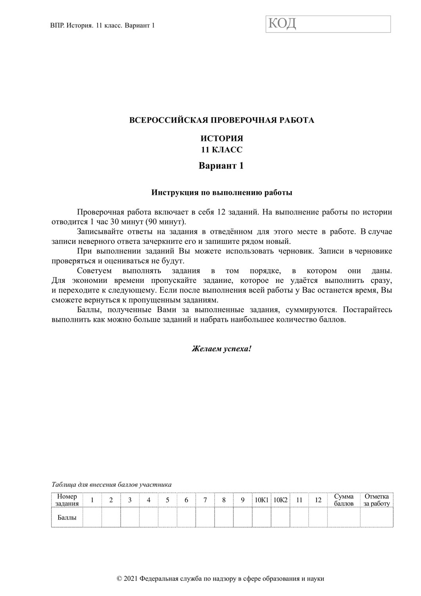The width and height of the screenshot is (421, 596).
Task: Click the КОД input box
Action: coord(328,24)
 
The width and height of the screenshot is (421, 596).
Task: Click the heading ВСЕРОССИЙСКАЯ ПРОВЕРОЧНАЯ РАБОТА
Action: coord(222,120)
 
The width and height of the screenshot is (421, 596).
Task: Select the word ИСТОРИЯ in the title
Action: coord(222,139)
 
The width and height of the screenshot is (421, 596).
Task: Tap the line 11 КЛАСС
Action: coord(222,150)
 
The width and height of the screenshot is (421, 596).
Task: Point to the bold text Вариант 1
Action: coord(221,166)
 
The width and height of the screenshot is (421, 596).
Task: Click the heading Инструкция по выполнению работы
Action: coord(222,193)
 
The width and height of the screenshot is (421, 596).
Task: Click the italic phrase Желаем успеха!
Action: coord(222,349)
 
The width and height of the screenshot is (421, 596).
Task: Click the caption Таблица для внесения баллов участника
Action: coord(111,485)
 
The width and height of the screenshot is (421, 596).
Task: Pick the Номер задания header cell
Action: coord(67,500)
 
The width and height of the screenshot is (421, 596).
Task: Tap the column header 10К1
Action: coord(261,500)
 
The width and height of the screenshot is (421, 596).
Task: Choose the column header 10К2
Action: coord(280,500)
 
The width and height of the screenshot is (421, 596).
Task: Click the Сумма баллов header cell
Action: coord(344,500)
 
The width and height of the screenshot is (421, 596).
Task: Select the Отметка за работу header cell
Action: coord(377,500)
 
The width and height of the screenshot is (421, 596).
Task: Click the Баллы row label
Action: coord(67,517)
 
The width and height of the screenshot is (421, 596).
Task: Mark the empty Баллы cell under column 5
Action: coord(167,517)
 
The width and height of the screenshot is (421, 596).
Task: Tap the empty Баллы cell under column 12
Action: coord(318,517)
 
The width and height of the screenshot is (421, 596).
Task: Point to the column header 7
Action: coord(205,500)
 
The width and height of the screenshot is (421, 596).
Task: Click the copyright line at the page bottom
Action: coord(221,579)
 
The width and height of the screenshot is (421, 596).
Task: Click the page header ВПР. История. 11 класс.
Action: coord(102,25)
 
